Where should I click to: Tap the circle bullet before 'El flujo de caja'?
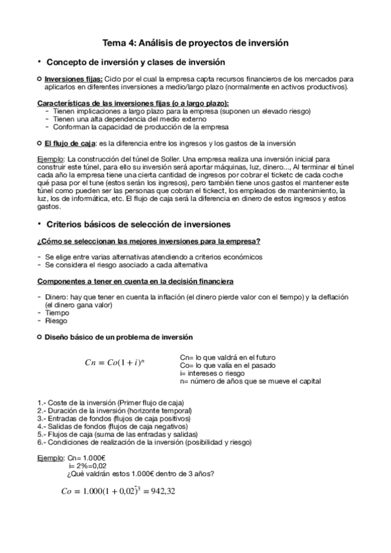[x=40, y=143]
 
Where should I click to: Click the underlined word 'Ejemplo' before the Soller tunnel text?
[x=51, y=159]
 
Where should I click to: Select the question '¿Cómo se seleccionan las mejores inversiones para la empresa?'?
[x=149, y=242]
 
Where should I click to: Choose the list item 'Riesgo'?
[x=55, y=321]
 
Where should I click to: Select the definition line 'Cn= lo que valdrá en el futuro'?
[x=227, y=357]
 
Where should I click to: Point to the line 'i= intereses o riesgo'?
[x=210, y=373]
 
